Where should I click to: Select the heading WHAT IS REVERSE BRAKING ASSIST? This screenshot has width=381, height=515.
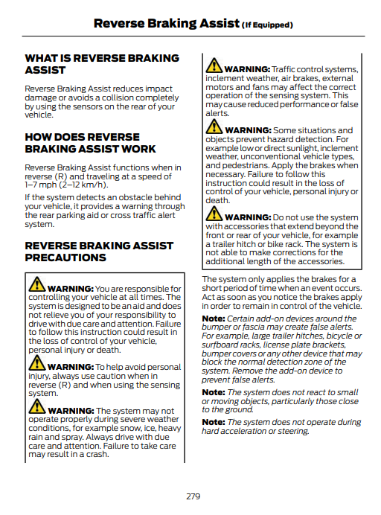[x=102, y=64]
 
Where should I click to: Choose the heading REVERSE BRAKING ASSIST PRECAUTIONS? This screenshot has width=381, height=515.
[x=99, y=252]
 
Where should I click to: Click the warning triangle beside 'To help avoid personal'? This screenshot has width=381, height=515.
[x=37, y=365]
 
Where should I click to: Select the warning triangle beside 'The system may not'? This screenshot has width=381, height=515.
[x=37, y=409]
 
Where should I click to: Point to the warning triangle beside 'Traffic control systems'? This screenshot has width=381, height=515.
[x=214, y=67]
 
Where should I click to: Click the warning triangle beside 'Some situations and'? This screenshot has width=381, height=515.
[x=214, y=128]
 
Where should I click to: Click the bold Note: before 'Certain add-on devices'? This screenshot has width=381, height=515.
[x=214, y=319]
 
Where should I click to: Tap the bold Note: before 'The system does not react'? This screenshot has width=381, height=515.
[x=214, y=392]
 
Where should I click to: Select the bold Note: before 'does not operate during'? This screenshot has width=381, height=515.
[x=214, y=423]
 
